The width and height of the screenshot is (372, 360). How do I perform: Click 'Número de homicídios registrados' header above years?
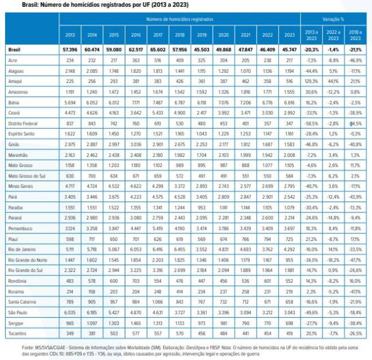pos(180,19)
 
